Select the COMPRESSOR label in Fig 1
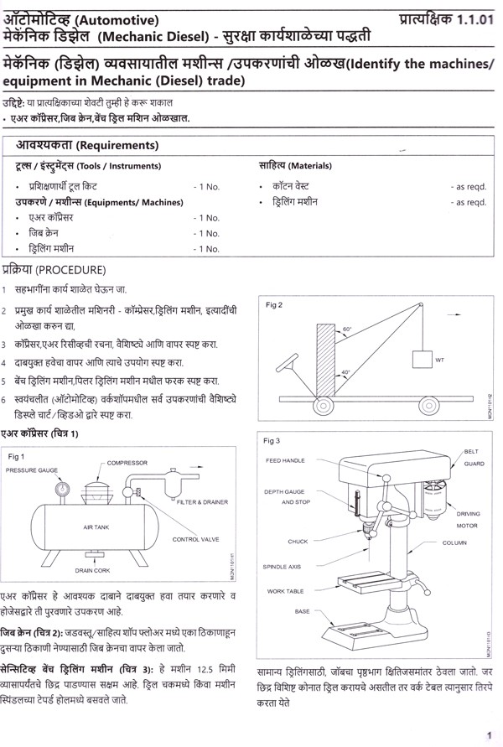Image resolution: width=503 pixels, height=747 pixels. coord(126,461)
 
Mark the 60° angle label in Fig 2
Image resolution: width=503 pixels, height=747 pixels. coord(347,329)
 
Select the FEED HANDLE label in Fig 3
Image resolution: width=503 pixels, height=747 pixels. coord(284,460)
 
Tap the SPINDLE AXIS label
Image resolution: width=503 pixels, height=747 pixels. coord(283,566)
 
